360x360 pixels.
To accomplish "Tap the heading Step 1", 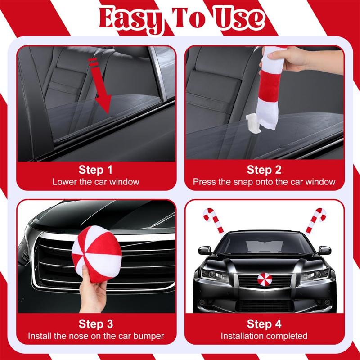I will point(95,170).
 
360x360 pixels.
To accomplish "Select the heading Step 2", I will point(264,170).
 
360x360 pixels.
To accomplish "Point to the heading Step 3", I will point(95,324).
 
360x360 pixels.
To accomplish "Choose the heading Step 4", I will point(264,324).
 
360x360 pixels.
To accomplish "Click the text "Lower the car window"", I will point(96,182).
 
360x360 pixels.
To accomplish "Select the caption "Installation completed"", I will point(264,336).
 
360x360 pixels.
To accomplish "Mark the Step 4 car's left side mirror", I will point(205,250).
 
